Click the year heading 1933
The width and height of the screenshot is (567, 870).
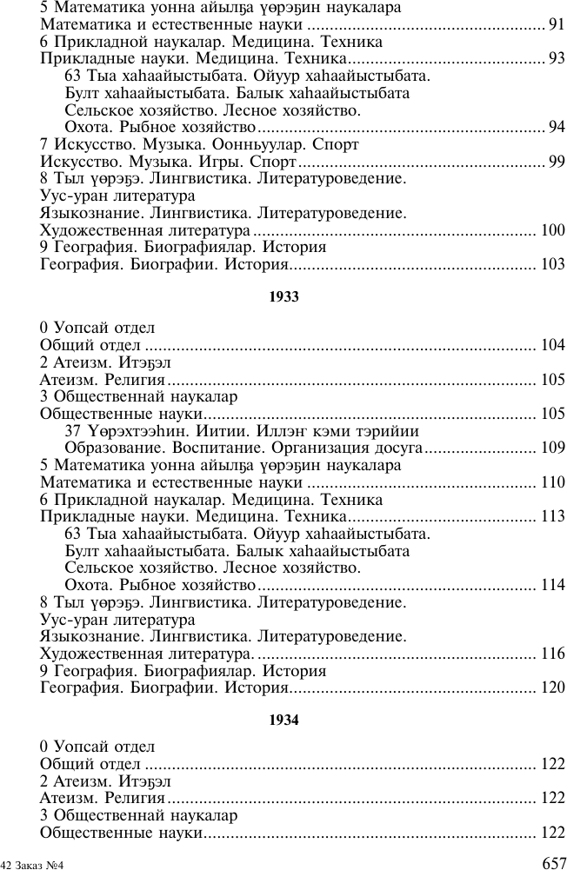point(283,296)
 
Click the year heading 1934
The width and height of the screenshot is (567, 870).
point(283,720)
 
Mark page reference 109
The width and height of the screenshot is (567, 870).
point(553,448)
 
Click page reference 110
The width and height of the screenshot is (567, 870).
point(553,482)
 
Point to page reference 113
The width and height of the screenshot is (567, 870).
point(553,516)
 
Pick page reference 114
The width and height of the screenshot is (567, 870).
point(553,585)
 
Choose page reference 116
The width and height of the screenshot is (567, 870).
point(553,654)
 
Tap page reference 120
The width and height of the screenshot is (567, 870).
point(553,687)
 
